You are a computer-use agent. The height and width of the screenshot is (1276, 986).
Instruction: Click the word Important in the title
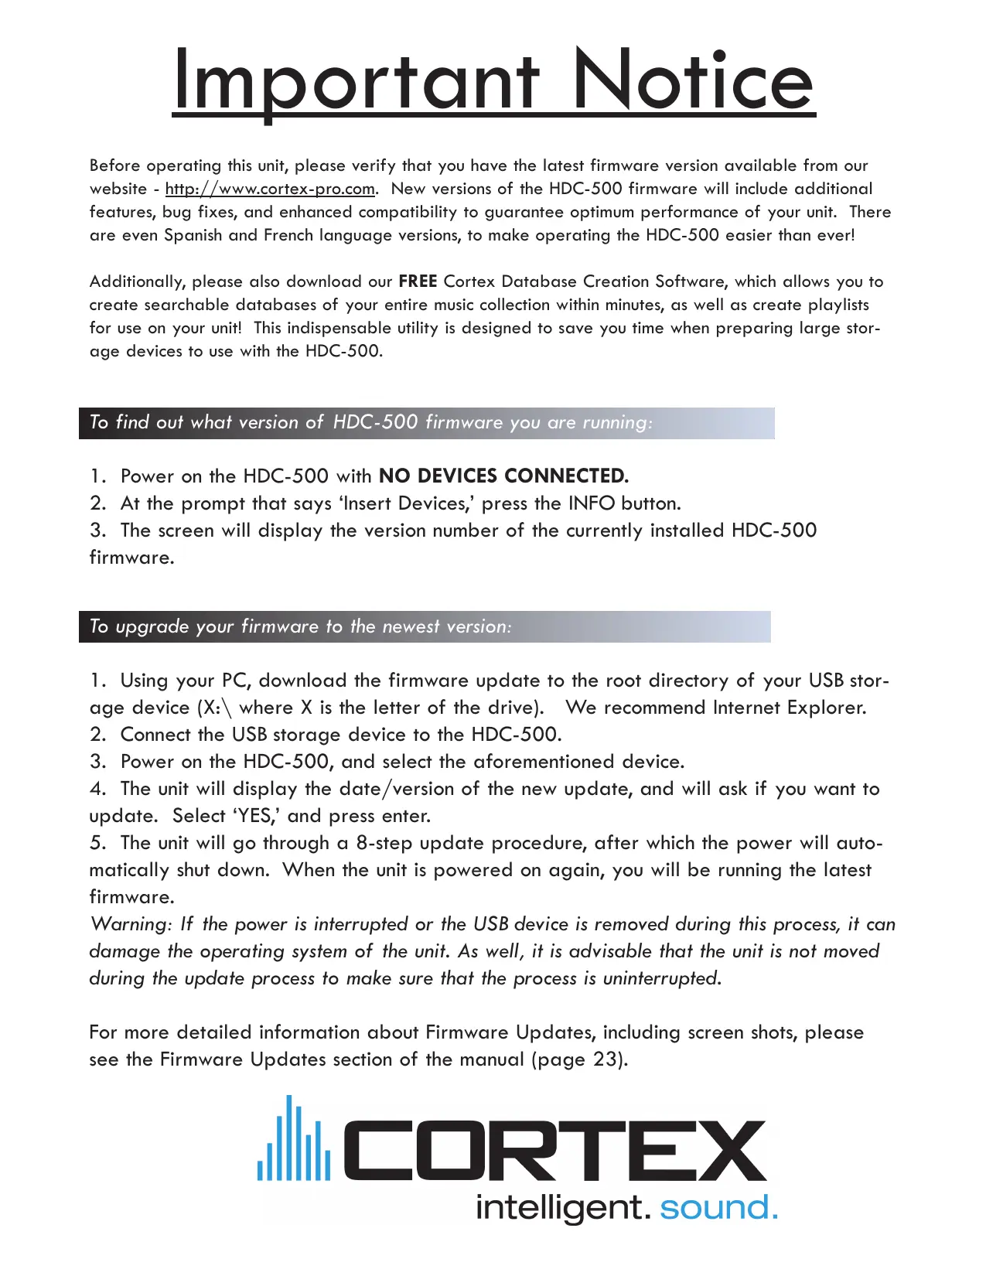357,80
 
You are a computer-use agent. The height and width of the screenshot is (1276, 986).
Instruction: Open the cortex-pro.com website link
270,189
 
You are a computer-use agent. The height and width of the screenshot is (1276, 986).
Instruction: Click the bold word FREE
418,281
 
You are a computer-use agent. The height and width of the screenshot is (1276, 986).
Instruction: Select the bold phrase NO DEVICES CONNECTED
503,476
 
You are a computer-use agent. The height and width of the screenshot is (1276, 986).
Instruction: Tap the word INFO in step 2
592,503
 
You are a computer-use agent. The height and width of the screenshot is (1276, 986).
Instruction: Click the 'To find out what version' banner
426,423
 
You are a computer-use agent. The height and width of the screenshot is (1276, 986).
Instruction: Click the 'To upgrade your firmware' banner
425,626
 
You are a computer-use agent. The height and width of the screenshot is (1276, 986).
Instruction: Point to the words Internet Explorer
789,708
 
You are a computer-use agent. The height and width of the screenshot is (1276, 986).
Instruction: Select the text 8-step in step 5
384,843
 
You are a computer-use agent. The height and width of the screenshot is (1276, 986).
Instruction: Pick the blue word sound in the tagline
718,1207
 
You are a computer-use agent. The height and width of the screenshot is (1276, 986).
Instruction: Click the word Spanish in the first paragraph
193,235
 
